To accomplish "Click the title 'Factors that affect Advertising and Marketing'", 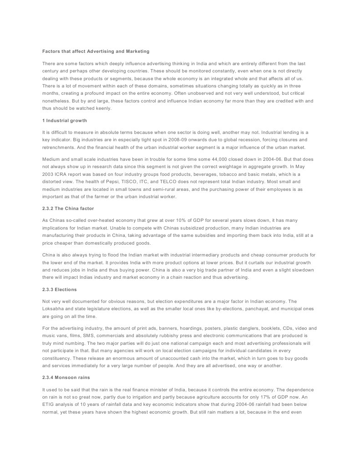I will point(96,51).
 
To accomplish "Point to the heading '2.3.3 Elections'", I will point(60,290).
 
